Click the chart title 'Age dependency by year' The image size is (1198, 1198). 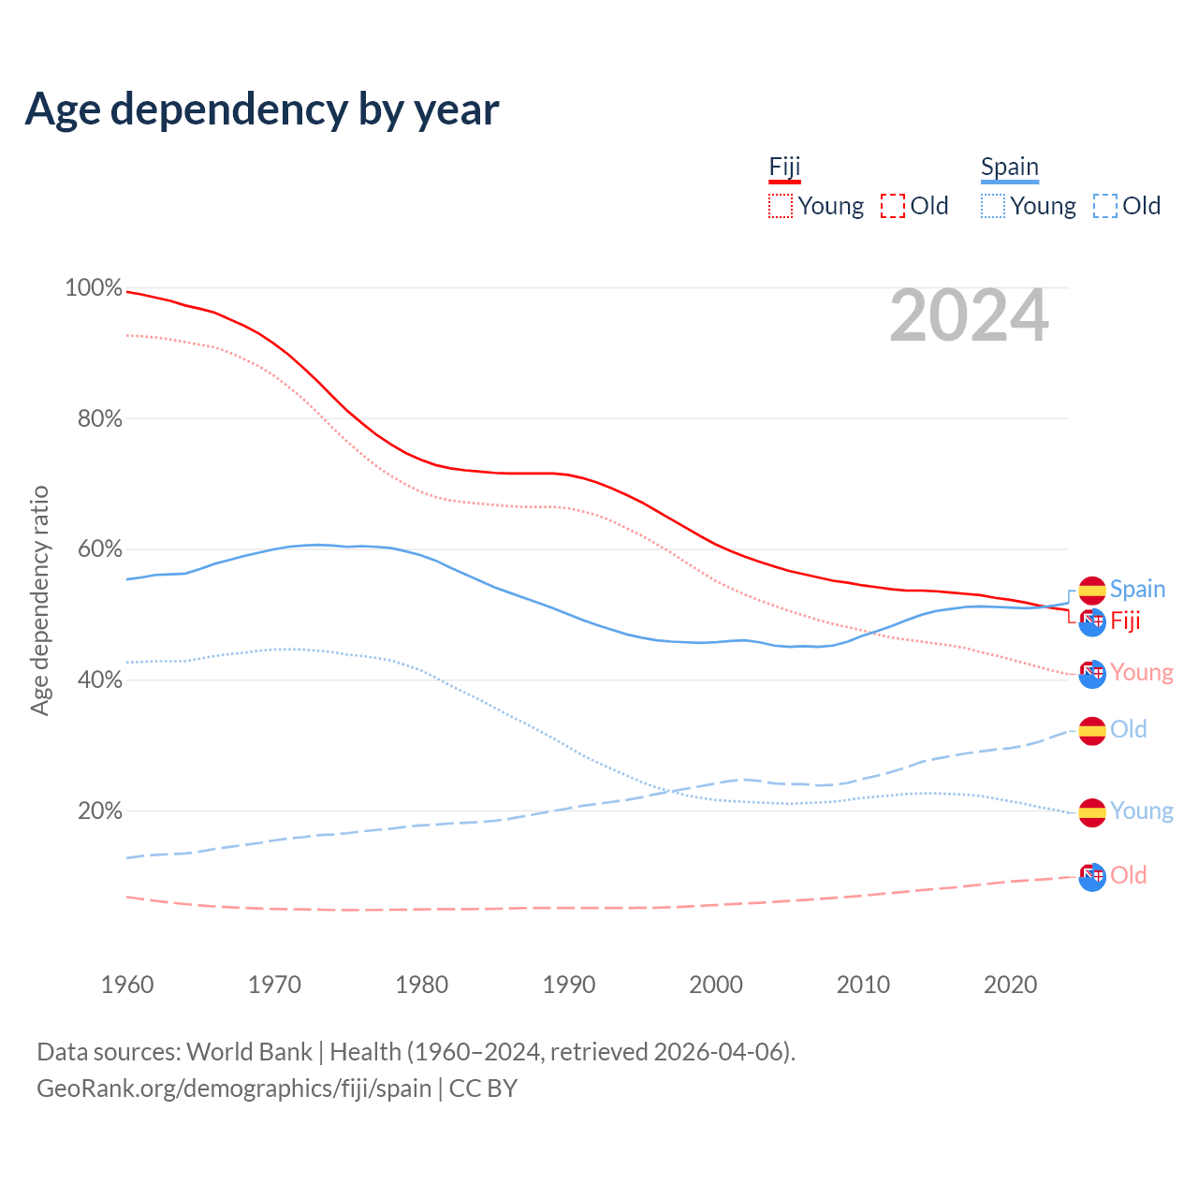pos(262,110)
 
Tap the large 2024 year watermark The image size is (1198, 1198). pos(969,316)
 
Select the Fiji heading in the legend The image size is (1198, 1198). pos(784,168)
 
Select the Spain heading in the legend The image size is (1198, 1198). pos(1009,168)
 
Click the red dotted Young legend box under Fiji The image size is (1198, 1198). pos(780,206)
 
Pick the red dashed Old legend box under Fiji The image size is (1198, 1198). pos(893,206)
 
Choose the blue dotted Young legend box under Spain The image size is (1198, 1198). pos(993,206)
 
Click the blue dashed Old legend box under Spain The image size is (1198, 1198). pos(1105,206)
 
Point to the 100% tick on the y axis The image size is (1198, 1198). pos(94,288)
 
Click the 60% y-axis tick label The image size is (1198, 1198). pos(99,549)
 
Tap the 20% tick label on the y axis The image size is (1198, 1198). pos(99,811)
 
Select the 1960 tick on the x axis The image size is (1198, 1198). pos(127,985)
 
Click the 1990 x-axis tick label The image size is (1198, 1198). pos(569,985)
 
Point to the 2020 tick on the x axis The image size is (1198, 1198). pos(1011,985)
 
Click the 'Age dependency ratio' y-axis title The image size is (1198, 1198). pos(39,600)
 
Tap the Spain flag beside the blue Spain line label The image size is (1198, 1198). pos(1092,591)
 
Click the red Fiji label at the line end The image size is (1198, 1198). pos(1125,621)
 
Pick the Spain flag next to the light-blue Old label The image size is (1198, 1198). pos(1092,731)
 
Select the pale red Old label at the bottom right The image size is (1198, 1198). pos(1128,875)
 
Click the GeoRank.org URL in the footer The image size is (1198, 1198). pos(234,1088)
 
